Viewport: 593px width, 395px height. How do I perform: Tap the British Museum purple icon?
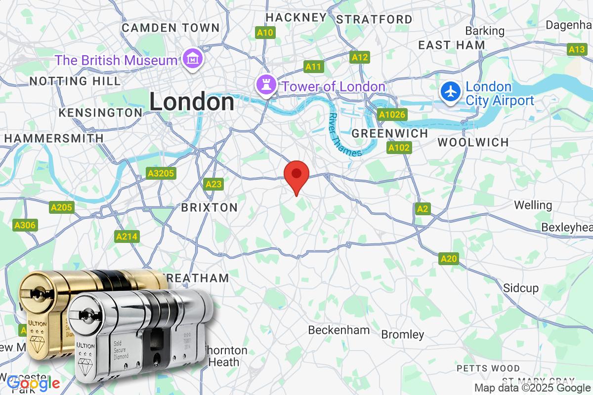click(x=190, y=60)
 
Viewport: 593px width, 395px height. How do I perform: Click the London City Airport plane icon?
click(x=451, y=91)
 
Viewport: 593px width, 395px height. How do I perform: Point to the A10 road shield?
click(x=265, y=33)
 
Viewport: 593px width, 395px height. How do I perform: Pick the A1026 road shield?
click(x=392, y=115)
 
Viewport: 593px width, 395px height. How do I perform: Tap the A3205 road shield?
click(x=161, y=173)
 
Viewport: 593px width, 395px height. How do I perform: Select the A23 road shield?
click(x=213, y=184)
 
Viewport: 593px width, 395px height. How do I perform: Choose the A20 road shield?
click(x=449, y=258)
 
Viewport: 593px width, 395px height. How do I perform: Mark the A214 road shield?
click(x=126, y=237)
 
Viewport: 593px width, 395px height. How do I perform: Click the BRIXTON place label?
click(x=210, y=207)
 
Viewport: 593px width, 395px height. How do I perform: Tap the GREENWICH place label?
click(x=390, y=133)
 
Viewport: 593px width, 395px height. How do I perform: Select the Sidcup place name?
click(x=521, y=288)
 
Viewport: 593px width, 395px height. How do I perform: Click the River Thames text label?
click(x=344, y=135)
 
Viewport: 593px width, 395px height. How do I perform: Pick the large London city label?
click(x=192, y=102)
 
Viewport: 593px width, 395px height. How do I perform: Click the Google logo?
click(x=34, y=383)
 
